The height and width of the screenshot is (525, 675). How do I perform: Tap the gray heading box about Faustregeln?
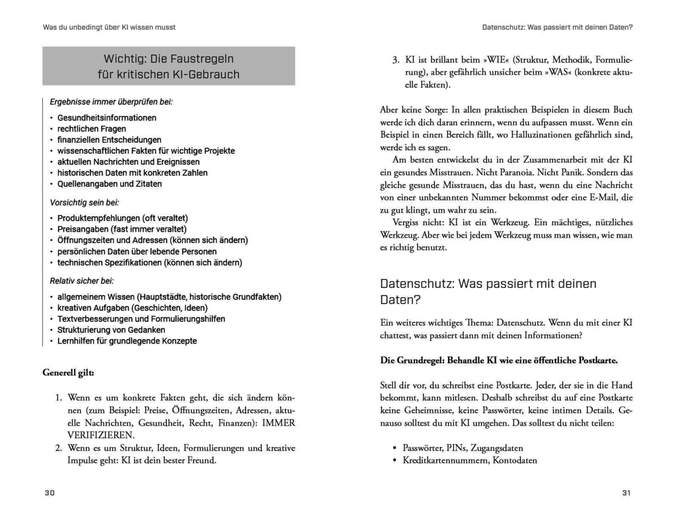[x=169, y=66]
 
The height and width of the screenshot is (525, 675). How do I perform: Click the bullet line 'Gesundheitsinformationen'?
[x=107, y=118]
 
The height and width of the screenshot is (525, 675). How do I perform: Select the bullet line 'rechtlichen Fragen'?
[x=91, y=128]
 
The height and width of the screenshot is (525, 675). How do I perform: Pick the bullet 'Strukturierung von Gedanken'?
[x=111, y=330]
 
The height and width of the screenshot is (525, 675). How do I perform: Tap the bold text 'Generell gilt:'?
[x=68, y=372]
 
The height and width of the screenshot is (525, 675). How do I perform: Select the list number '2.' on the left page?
[x=58, y=448]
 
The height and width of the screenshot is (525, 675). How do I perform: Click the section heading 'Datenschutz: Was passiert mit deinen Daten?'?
[x=488, y=291]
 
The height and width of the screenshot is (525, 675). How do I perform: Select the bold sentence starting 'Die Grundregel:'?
[x=499, y=361]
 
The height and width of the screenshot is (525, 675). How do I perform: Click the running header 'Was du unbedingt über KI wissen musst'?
[x=109, y=27]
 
